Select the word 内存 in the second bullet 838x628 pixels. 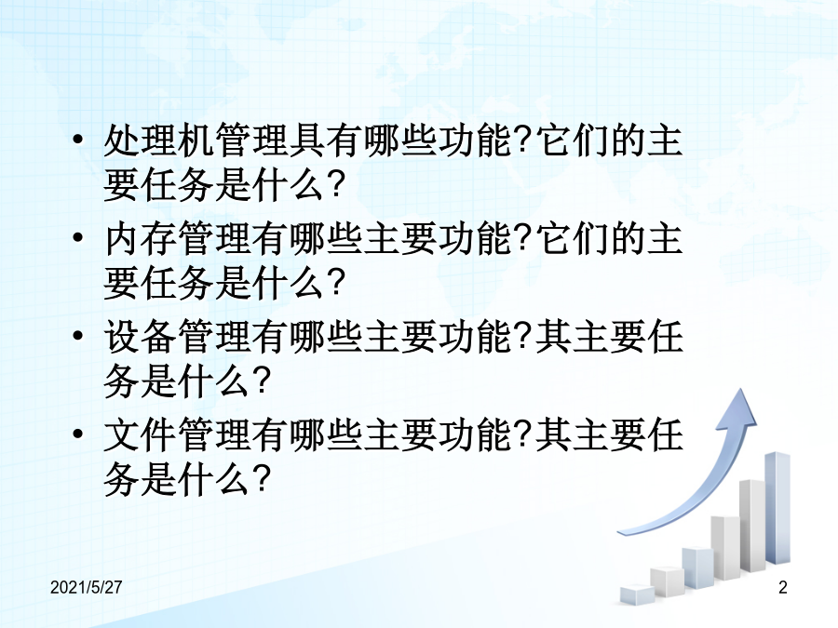(x=142, y=239)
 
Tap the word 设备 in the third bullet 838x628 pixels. (x=142, y=337)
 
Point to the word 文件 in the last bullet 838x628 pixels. (x=142, y=435)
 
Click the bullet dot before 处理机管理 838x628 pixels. (x=78, y=140)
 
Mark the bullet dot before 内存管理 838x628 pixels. (x=78, y=237)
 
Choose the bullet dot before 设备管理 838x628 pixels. (x=78, y=336)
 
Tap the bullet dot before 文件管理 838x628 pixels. (x=78, y=434)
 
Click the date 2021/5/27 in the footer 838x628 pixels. (x=86, y=587)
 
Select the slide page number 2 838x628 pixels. (x=783, y=587)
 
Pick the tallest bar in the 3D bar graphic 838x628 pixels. (x=777, y=508)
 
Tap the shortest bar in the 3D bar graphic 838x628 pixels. (x=637, y=594)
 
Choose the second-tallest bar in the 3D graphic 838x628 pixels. (x=752, y=526)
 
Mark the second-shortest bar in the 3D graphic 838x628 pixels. (x=667, y=581)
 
